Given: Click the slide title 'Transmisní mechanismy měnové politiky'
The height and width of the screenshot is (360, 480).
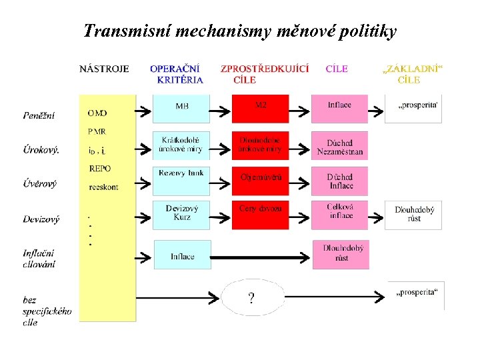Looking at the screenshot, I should point(240,31).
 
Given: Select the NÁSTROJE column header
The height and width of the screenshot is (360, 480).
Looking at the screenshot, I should point(104,68).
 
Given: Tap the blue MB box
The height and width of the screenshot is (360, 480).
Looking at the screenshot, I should point(181,109).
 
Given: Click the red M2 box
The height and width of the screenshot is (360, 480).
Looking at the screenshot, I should point(261,109).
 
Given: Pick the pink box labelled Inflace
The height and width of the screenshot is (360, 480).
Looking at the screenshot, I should point(339,109).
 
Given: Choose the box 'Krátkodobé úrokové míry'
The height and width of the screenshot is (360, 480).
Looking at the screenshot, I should point(181,145).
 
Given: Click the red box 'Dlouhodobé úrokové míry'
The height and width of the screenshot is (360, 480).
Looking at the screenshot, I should point(261,145).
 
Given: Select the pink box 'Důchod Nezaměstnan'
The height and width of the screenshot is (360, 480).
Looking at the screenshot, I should point(339,147).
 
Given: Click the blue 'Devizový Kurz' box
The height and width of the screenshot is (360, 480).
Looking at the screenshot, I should point(181,214).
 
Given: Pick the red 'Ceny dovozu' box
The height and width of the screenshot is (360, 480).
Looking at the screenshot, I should point(261,214).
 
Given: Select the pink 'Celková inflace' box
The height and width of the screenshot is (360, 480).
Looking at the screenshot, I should point(339,214).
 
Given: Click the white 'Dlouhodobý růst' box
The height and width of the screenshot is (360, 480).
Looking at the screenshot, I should point(413,214).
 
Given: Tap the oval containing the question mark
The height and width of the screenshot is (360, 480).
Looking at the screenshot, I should point(251,297).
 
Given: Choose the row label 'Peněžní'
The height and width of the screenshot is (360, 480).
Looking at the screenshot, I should point(39,115).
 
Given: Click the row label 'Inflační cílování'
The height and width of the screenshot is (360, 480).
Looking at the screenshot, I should point(39,259).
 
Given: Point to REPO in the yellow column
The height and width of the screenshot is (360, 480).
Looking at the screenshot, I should point(100,169).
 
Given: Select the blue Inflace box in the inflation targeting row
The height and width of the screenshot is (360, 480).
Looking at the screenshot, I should point(182,255).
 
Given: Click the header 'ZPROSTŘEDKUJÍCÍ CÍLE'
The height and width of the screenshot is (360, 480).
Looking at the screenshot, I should point(264,73).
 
